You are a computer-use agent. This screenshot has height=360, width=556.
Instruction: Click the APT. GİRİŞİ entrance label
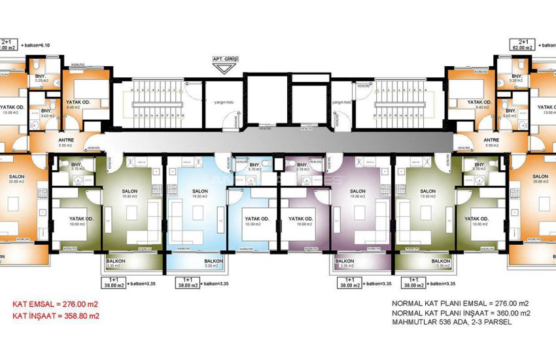tap(225, 59)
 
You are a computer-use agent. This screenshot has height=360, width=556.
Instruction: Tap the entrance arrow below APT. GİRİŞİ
tap(225, 67)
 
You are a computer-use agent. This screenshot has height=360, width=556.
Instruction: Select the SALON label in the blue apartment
tap(200, 191)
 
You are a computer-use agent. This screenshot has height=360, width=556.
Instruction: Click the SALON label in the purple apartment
tap(356, 191)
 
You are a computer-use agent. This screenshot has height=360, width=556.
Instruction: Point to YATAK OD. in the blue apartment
tap(254, 219)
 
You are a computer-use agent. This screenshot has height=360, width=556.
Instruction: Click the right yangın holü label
tap(342, 103)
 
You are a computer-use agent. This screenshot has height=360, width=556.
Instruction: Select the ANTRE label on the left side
tap(65, 139)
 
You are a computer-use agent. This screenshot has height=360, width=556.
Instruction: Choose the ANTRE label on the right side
tap(491, 139)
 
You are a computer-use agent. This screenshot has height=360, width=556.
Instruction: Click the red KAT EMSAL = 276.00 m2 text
tap(56, 304)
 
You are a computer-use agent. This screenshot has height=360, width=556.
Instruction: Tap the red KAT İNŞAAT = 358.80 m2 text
tap(56, 315)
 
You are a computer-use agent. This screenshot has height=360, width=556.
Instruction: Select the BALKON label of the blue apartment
tap(211, 261)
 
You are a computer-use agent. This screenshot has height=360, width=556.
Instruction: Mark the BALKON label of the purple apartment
tap(344, 261)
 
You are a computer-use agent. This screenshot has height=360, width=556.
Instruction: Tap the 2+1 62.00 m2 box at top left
tap(9, 44)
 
